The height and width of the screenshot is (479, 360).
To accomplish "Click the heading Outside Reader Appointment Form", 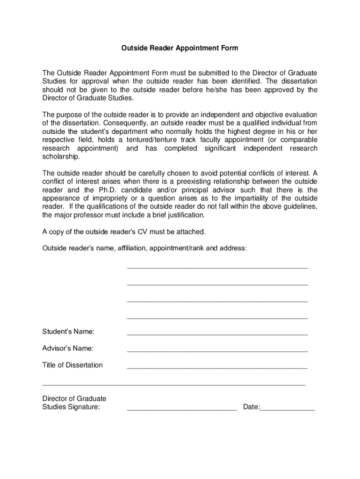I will (180, 48).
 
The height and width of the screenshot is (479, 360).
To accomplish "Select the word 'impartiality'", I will (259, 198).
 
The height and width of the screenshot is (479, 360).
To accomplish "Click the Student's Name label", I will (68, 332).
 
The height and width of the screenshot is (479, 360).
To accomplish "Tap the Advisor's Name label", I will (68, 348).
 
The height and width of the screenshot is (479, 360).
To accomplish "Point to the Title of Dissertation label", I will (72, 365).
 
